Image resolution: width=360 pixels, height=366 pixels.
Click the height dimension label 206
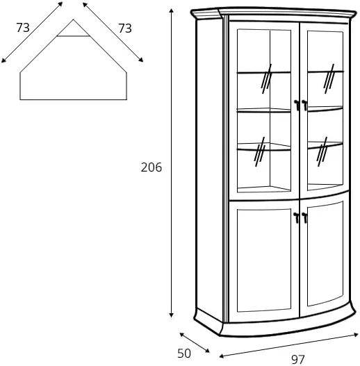tap(151, 167)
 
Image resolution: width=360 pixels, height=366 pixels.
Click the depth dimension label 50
tap(184, 353)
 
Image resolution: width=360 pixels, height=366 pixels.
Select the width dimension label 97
tap(298, 360)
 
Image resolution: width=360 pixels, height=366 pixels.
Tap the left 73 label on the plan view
tap(23, 28)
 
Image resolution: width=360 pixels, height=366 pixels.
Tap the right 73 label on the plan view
tap(125, 28)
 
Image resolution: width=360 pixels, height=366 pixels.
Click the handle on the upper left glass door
tap(297, 105)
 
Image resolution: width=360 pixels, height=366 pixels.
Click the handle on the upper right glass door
tap(304, 105)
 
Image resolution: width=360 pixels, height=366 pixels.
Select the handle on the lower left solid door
tap(297, 218)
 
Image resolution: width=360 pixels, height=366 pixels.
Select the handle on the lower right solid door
tap(304, 218)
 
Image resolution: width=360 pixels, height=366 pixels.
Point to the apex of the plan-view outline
tap(74, 19)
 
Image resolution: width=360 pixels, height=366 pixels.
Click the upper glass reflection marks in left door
tap(266, 79)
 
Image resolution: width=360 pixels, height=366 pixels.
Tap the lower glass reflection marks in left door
tap(259, 151)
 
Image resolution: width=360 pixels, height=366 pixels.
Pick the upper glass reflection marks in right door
tap(329, 79)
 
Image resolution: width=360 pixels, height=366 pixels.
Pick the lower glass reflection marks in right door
tap(322, 151)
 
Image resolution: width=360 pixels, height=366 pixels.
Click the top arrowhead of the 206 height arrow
tap(172, 10)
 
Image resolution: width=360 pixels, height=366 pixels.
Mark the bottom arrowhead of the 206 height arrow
tap(172, 315)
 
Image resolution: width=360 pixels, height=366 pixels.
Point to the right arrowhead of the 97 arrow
tap(356, 335)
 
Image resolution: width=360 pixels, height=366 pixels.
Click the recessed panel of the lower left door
tap(264, 260)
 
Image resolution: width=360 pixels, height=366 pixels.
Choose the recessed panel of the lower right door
tap(325, 253)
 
